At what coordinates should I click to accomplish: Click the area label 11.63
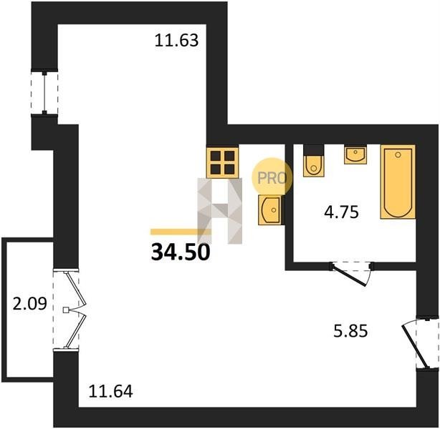click(176, 40)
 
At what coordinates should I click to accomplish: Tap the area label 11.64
click(110, 391)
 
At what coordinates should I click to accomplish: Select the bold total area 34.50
click(181, 252)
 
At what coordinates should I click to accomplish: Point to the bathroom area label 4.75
click(342, 212)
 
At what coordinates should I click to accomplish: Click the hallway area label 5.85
click(350, 332)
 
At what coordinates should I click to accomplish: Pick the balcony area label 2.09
click(30, 304)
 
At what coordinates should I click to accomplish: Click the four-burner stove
click(223, 162)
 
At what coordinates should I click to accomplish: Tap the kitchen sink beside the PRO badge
click(269, 209)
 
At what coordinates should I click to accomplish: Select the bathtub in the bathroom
click(398, 182)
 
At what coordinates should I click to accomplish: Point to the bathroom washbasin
click(355, 154)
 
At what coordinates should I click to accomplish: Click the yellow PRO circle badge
click(272, 177)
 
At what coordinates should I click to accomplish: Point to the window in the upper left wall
click(44, 93)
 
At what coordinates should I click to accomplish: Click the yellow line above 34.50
click(181, 232)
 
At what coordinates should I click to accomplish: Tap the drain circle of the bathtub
click(398, 154)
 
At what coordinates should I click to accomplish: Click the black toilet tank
click(314, 149)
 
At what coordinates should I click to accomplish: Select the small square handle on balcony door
click(66, 310)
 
